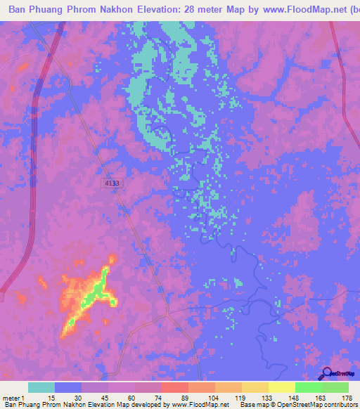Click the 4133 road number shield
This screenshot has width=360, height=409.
[x=111, y=183]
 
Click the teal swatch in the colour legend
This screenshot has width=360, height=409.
[x=41, y=387]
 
